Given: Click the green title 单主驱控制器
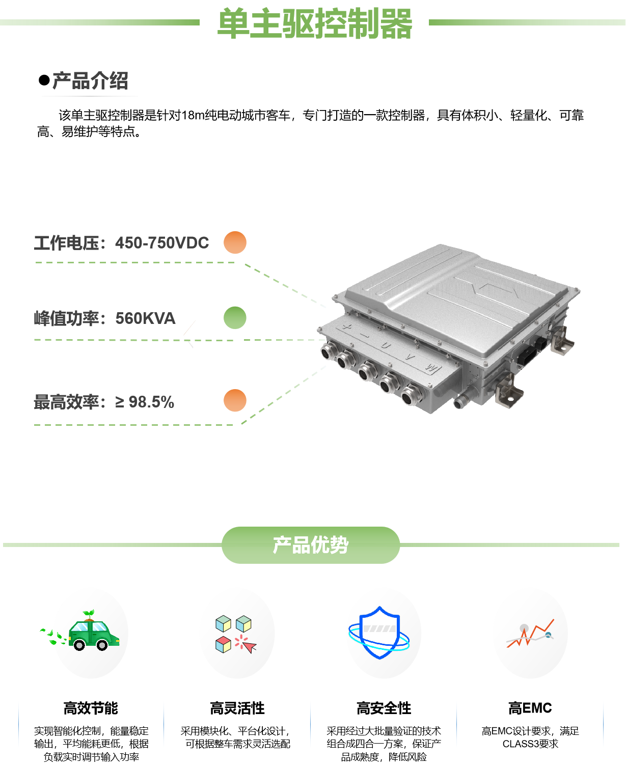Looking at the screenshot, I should pos(314,24).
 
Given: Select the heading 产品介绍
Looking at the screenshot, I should pos(90,81).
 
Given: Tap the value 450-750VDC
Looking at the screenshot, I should pos(162,243).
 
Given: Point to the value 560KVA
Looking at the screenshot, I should pos(145,318).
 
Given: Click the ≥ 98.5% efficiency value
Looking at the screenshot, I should pos(145,402).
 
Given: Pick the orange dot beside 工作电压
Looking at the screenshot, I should pos(235,242).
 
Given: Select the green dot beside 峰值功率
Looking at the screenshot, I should pos(235,318).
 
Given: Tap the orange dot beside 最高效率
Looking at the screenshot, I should pos(235,400).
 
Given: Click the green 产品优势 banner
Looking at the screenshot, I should pos(311,545).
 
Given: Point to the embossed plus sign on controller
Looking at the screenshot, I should pos(346,326).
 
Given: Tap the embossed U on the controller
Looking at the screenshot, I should pos(386,346).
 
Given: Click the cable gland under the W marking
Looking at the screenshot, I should pos(411,396).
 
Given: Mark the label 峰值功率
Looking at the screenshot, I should pos(66,318).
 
